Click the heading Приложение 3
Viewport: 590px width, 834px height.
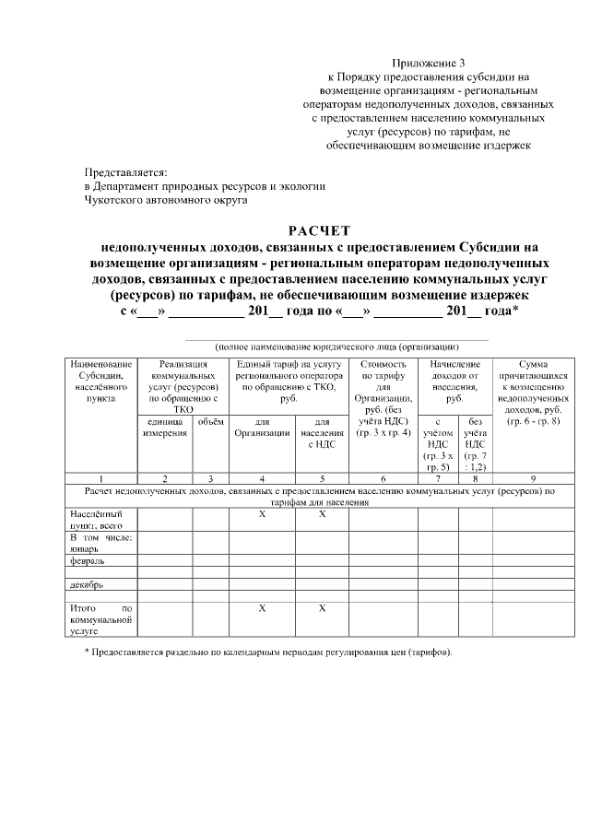(429, 62)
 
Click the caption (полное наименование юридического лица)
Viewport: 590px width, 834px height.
(336, 346)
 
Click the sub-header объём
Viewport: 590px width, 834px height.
(211, 421)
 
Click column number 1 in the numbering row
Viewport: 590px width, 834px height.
(100, 478)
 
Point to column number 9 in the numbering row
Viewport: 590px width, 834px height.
(534, 478)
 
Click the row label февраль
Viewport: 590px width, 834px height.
(85, 560)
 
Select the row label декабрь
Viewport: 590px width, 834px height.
(84, 584)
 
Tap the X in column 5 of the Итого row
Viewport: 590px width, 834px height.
(322, 608)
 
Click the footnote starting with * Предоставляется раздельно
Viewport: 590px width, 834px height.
(268, 652)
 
